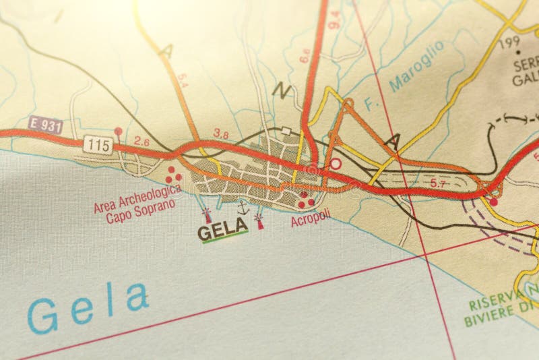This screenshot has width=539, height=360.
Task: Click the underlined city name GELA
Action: point(222,233)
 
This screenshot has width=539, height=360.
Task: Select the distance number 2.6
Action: point(141,142)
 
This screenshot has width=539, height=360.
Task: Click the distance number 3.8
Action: point(221,134)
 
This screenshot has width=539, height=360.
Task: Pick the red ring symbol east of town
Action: point(335,163)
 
